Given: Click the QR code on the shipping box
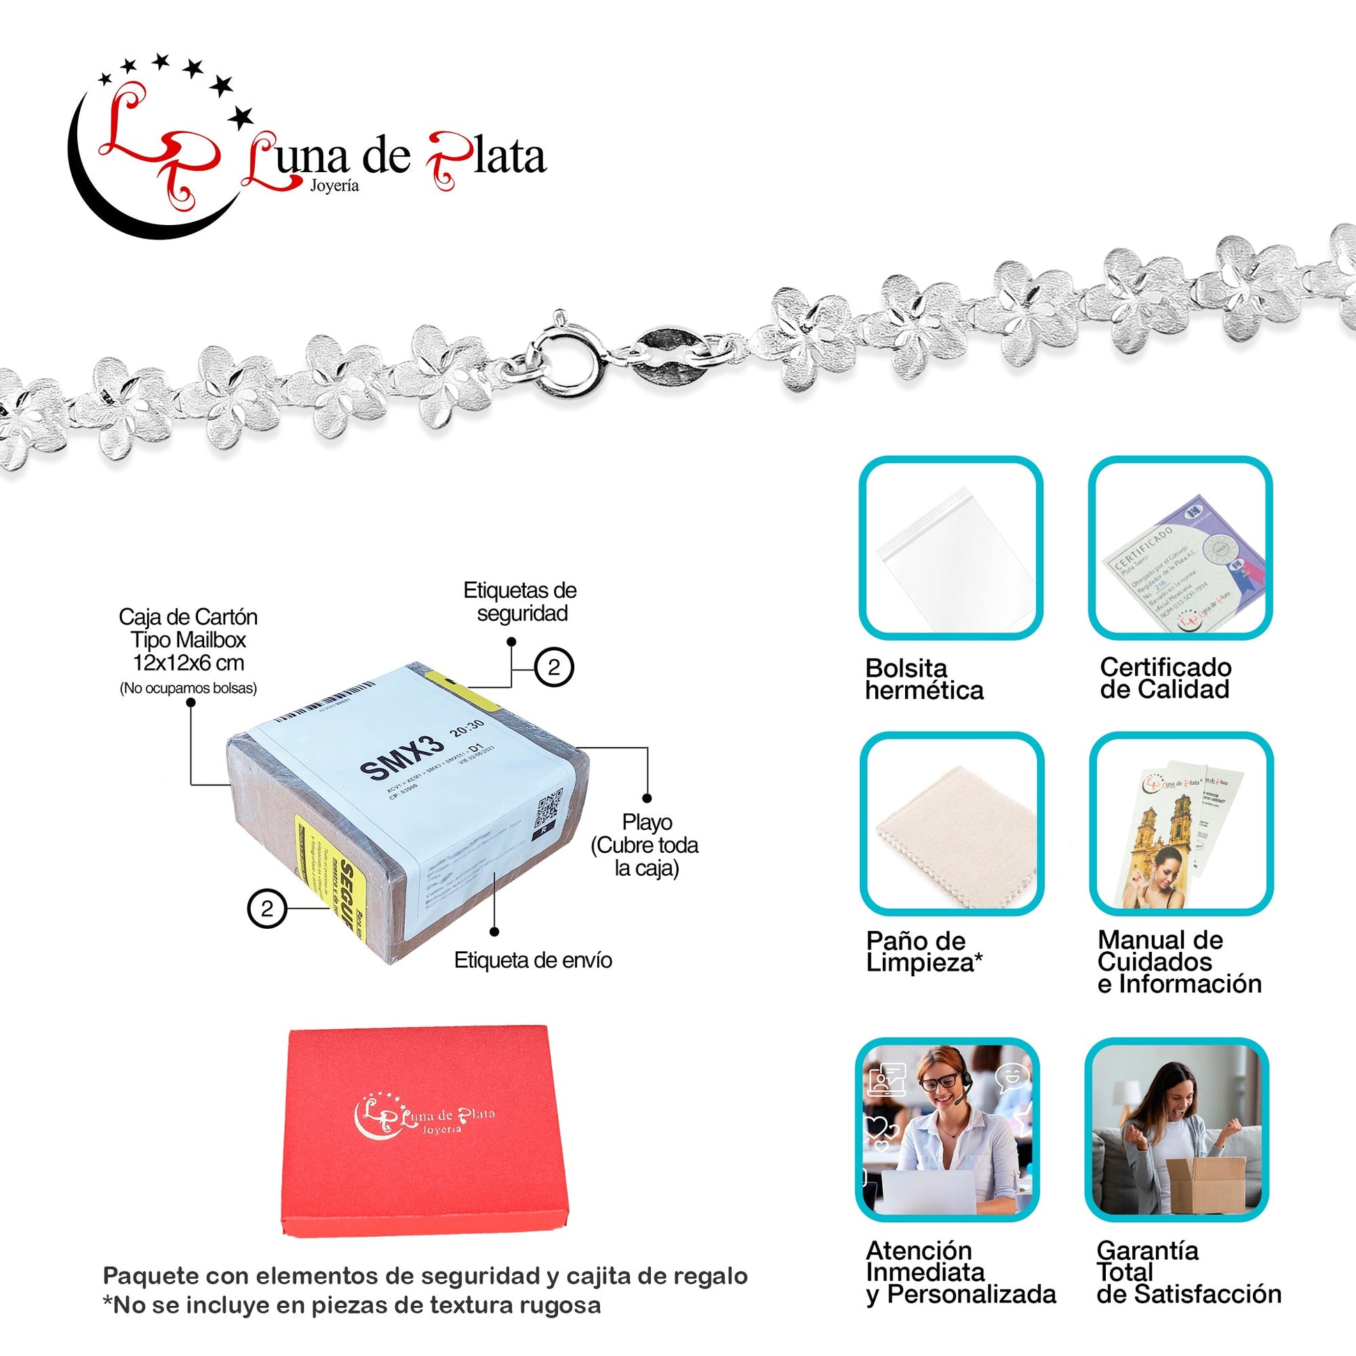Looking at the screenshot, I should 548,806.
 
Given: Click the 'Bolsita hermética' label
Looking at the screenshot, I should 924,679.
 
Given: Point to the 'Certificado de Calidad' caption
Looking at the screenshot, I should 1165,678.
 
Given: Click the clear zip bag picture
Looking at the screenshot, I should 955,558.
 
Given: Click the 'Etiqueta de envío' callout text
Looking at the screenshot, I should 532,960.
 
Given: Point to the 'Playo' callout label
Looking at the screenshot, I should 647,822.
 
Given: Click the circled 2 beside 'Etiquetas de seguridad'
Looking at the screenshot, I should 554,667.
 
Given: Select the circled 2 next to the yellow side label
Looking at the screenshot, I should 267,909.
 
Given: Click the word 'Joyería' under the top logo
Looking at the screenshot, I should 334,186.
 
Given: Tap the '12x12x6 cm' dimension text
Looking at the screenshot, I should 188,663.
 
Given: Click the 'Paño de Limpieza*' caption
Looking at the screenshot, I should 924,951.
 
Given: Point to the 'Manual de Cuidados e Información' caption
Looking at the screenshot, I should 1179,962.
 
